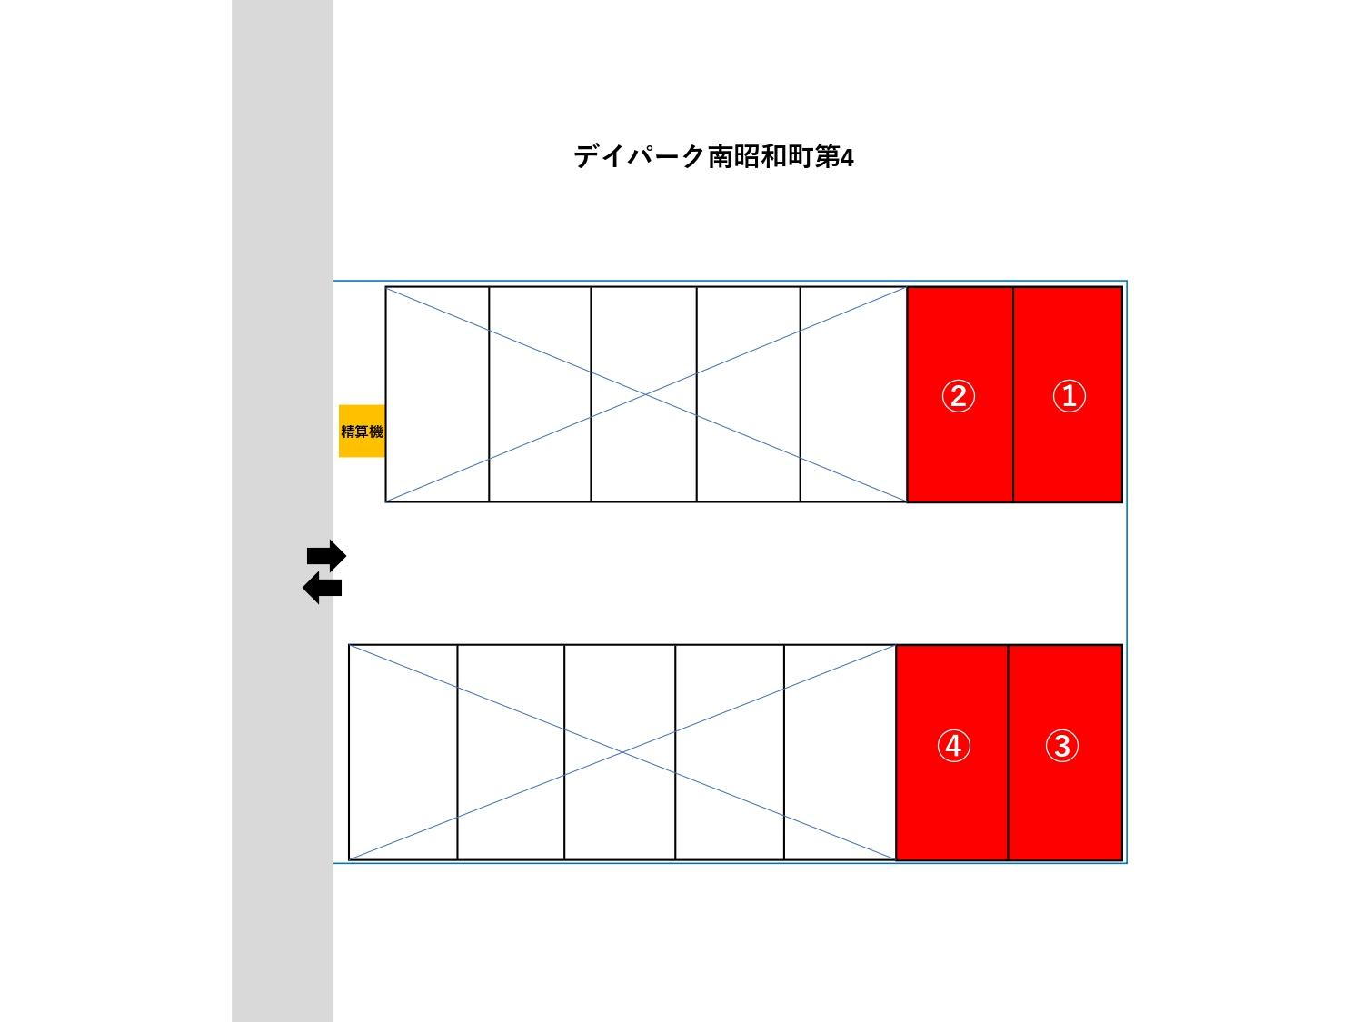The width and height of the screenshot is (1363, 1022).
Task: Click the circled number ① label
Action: click(1069, 396)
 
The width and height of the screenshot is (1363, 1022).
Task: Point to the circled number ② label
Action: click(958, 396)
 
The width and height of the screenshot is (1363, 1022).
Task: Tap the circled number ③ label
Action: click(1061, 746)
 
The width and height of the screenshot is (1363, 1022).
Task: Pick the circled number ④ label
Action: click(952, 746)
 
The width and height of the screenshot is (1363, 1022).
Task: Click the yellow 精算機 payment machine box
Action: click(362, 431)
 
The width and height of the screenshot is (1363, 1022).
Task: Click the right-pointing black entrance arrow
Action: click(326, 555)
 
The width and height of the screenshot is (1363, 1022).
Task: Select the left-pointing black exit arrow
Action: click(323, 589)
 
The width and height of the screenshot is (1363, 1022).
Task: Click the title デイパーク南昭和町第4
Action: click(713, 157)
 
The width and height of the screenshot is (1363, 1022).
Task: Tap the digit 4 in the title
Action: click(847, 158)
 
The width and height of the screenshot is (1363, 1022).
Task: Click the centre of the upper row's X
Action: click(646, 394)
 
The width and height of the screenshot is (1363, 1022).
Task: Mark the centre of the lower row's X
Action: click(622, 752)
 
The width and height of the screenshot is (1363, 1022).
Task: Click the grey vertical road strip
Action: click(283, 273)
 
